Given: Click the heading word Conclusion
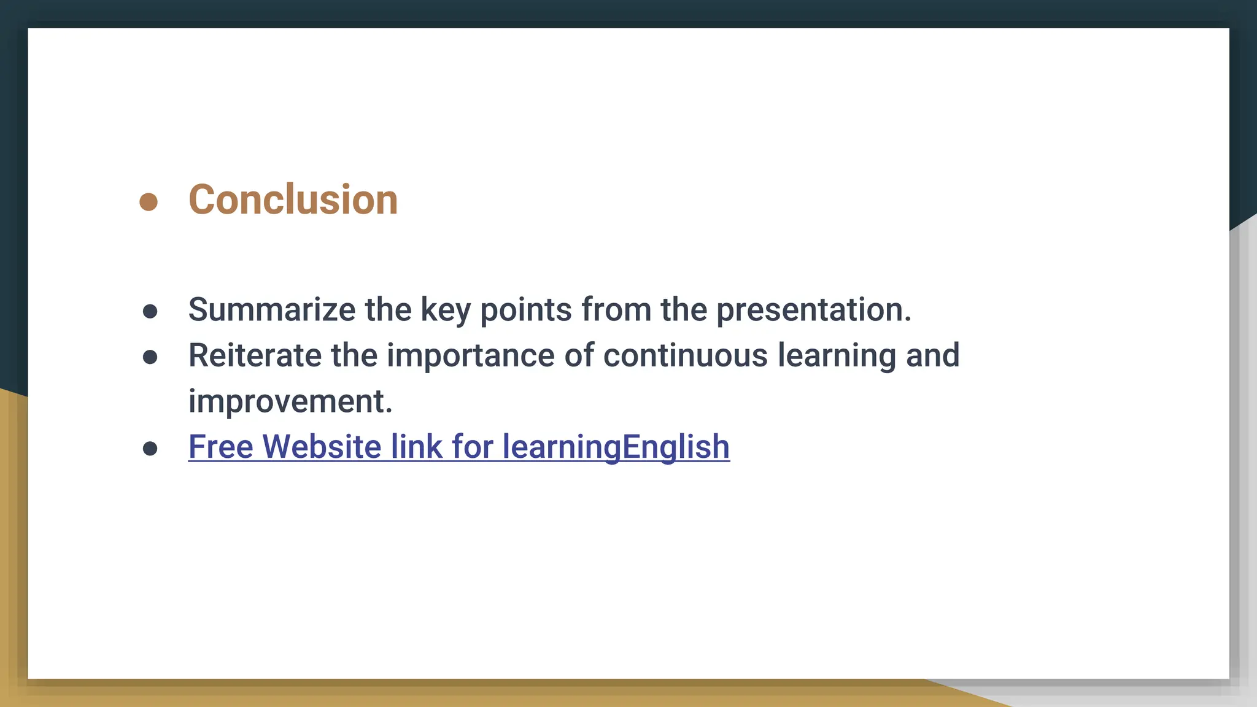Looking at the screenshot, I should pyautogui.click(x=293, y=200).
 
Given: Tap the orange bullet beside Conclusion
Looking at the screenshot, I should pyautogui.click(x=149, y=201).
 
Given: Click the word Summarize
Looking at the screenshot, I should pyautogui.click(x=271, y=309).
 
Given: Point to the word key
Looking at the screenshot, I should pyautogui.click(x=445, y=310).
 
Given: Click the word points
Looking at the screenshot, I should pyautogui.click(x=526, y=310).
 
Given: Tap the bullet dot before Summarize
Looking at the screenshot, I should pyautogui.click(x=150, y=311).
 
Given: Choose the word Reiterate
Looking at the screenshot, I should pyautogui.click(x=255, y=355).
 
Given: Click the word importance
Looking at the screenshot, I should pyautogui.click(x=470, y=356).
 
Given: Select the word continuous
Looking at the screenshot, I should pyautogui.click(x=685, y=355).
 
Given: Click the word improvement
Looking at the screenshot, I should pyautogui.click(x=290, y=401).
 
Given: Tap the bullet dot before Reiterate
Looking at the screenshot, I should pyautogui.click(x=150, y=357).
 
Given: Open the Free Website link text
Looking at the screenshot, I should pyautogui.click(x=458, y=447).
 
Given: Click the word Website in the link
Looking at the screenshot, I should pyautogui.click(x=322, y=446).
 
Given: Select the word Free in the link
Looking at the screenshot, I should pyautogui.click(x=220, y=446).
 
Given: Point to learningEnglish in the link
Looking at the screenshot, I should pyautogui.click(x=616, y=447).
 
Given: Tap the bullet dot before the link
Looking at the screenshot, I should pyautogui.click(x=150, y=449).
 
